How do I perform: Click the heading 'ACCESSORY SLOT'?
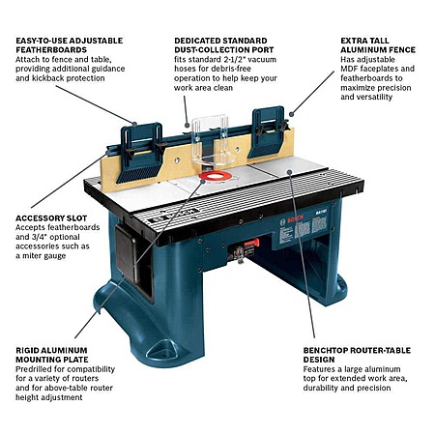pyautogui.click(x=51, y=218)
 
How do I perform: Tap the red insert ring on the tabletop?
pyautogui.click(x=216, y=176)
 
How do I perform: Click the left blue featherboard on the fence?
pyautogui.click(x=141, y=153)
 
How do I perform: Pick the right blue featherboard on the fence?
pyautogui.click(x=269, y=131)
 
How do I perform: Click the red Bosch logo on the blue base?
pyautogui.click(x=295, y=219)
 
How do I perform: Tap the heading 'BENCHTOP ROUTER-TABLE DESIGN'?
pyautogui.click(x=357, y=355)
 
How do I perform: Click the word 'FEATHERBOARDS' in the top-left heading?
pyautogui.click(x=51, y=50)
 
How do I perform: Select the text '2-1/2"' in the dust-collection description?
pyautogui.click(x=238, y=59)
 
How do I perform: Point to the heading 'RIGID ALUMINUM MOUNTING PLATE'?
pyautogui.click(x=52, y=355)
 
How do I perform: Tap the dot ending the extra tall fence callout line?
pyautogui.click(x=291, y=114)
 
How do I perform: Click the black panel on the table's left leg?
pyautogui.click(x=128, y=253)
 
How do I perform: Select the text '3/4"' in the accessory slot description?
pyautogui.click(x=39, y=237)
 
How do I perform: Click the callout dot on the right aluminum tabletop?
pyautogui.click(x=290, y=172)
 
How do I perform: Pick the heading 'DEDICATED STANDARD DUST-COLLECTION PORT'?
pyautogui.click(x=224, y=45)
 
